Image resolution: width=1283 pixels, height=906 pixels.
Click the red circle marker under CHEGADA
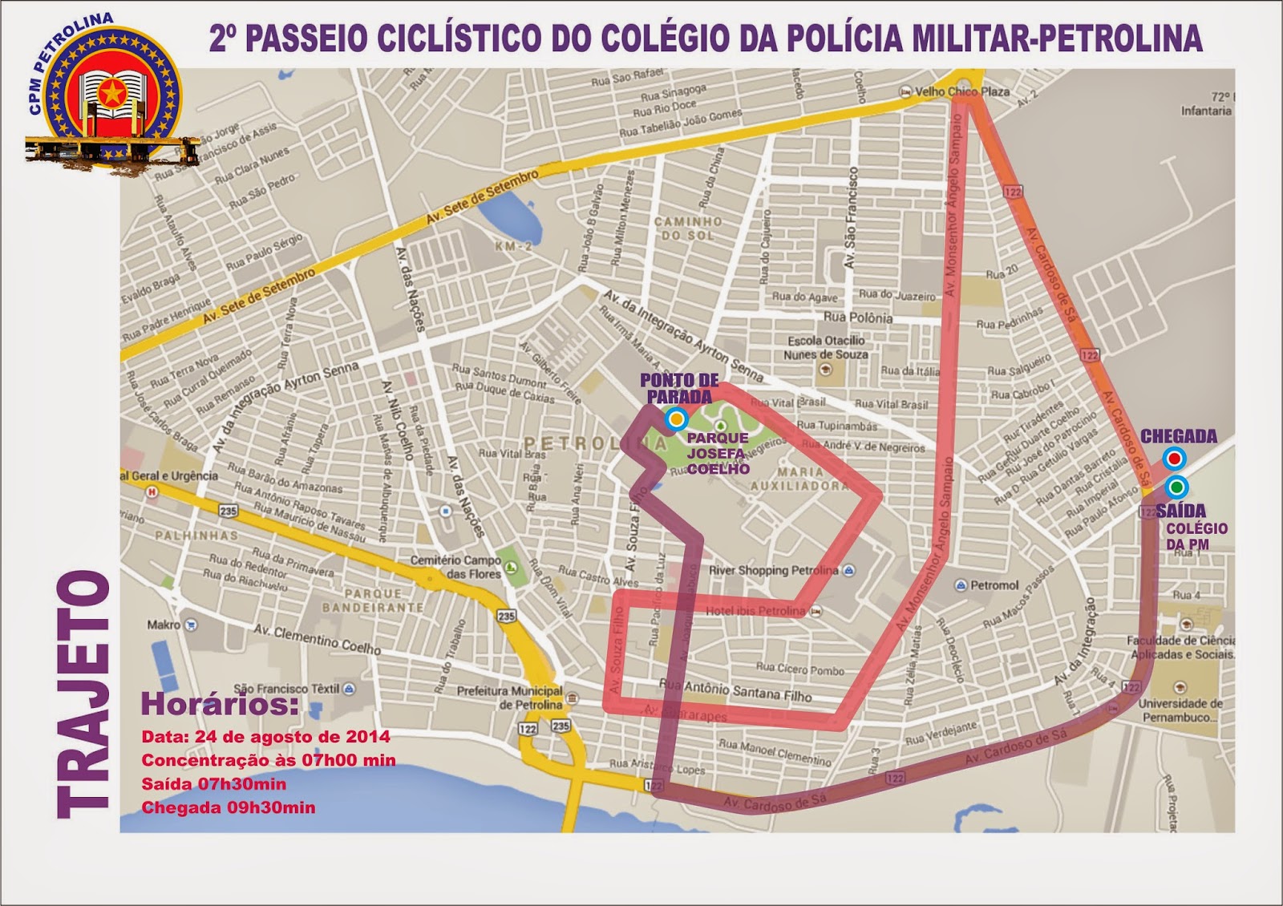pyautogui.click(x=1175, y=459)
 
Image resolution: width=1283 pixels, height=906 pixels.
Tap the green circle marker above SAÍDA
pyautogui.click(x=1176, y=486)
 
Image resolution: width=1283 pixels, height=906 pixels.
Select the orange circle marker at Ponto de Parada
pyautogui.click(x=677, y=419)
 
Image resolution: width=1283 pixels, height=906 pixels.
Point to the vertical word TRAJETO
pyautogui.click(x=83, y=694)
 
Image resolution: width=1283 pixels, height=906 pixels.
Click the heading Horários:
pyautogui.click(x=220, y=705)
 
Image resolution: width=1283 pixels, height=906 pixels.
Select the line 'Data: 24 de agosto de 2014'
pyautogui.click(x=265, y=737)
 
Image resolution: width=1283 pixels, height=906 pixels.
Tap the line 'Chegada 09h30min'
pyautogui.click(x=229, y=807)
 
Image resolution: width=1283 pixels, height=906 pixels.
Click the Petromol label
pyautogui.click(x=994, y=585)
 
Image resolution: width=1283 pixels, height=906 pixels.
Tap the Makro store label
pyautogui.click(x=164, y=625)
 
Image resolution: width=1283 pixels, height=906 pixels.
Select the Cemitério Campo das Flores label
pyautogui.click(x=455, y=567)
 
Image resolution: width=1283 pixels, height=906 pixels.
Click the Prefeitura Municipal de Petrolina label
pyautogui.click(x=510, y=698)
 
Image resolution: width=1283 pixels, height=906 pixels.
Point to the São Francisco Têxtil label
pyautogui.click(x=287, y=689)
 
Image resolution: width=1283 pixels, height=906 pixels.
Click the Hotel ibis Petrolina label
pyautogui.click(x=755, y=611)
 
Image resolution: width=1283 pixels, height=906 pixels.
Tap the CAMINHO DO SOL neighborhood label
pyautogui.click(x=688, y=228)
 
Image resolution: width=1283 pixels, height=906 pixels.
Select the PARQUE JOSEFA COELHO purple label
pyautogui.click(x=717, y=453)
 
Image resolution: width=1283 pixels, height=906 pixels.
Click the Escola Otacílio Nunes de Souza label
pyautogui.click(x=826, y=347)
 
